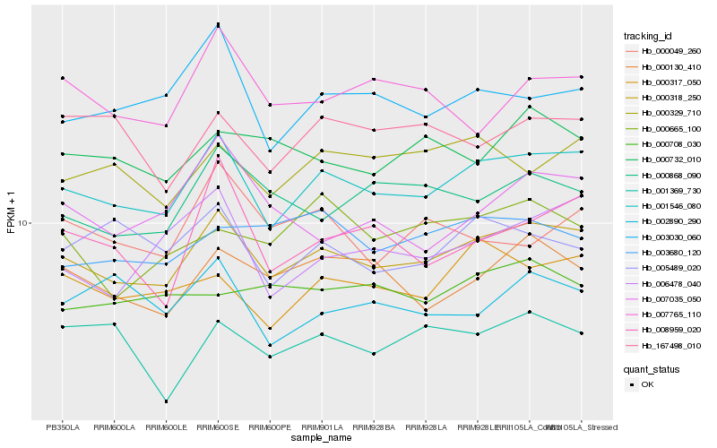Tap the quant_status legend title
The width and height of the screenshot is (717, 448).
pos(652,368)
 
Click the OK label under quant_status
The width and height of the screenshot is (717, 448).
pos(648,384)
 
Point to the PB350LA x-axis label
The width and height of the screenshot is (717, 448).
pos(63,426)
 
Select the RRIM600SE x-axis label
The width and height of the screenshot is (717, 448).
pos(218,426)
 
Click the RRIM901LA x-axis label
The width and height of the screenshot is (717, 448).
pos(322,426)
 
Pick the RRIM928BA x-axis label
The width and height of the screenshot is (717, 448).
pos(374,426)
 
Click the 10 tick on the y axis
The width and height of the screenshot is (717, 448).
pos(24,222)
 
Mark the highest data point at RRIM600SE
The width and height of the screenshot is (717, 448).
pos(218,24)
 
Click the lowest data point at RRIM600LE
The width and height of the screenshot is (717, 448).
pos(166,401)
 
